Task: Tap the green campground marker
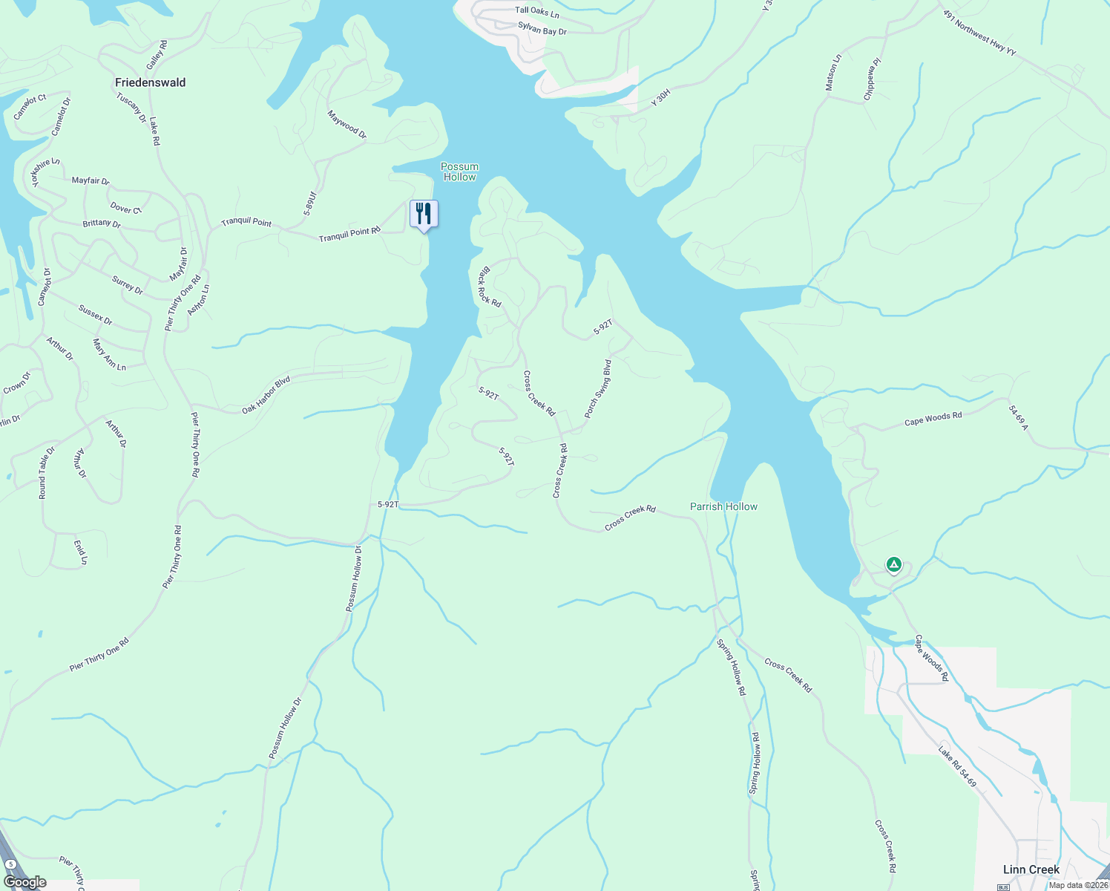click(894, 566)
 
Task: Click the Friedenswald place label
click(150, 82)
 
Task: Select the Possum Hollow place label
click(459, 172)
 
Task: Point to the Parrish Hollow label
click(723, 506)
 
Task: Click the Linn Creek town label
click(1031, 869)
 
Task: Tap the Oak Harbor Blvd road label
click(266, 395)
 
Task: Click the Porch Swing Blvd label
click(597, 388)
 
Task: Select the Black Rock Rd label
click(490, 287)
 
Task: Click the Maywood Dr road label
click(347, 125)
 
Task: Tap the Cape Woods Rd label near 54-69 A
click(933, 419)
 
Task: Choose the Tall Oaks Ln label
click(537, 11)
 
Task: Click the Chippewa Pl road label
click(872, 79)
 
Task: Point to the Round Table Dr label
click(47, 473)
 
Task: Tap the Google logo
click(25, 882)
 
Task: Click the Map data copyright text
click(1078, 885)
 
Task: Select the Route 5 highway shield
click(11, 864)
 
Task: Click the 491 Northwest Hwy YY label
click(979, 32)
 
